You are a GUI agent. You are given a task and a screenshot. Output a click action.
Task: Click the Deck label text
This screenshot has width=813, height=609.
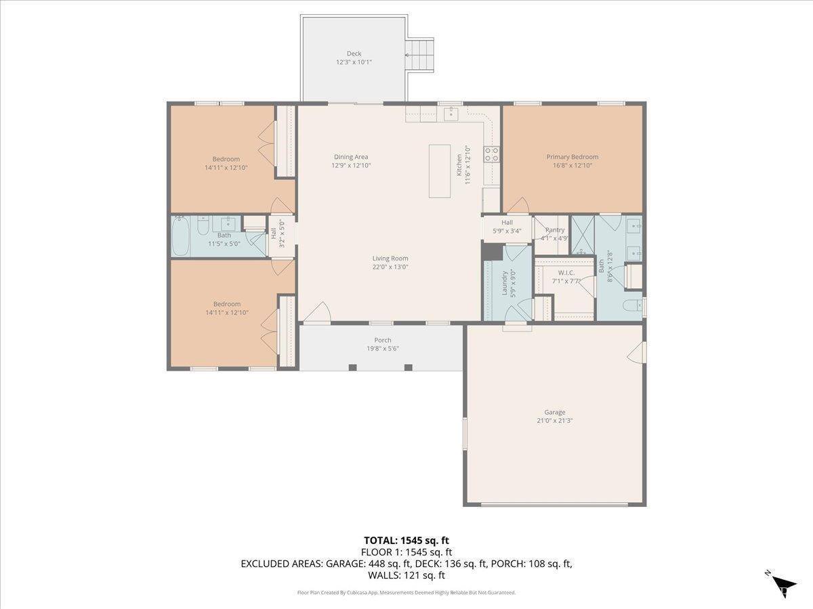click(x=354, y=53)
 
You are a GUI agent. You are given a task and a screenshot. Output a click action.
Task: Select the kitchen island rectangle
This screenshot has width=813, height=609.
click(x=440, y=171)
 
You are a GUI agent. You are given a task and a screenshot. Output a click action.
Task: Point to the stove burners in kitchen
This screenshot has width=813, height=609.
click(x=491, y=154)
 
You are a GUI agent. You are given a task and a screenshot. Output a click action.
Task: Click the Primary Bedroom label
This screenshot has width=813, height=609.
click(x=572, y=157)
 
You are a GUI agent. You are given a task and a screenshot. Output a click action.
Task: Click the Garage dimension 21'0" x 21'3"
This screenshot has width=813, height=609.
click(x=554, y=420)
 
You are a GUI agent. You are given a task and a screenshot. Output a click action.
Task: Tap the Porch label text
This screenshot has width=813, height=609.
click(x=383, y=340)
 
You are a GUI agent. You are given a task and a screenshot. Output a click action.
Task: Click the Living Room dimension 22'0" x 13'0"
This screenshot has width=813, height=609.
click(x=390, y=267)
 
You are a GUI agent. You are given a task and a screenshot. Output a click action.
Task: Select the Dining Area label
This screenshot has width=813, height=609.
click(x=351, y=157)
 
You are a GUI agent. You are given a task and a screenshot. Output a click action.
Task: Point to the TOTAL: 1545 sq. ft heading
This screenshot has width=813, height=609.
click(x=406, y=540)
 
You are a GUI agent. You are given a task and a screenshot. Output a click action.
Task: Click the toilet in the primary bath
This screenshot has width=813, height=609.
click(x=632, y=305)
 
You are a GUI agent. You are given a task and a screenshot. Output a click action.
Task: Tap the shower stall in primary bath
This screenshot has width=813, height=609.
click(x=581, y=235)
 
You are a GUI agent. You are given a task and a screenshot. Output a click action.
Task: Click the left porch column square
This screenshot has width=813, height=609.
click(x=352, y=367)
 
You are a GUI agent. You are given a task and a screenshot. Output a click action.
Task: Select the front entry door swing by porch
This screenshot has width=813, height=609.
click(x=317, y=313)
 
